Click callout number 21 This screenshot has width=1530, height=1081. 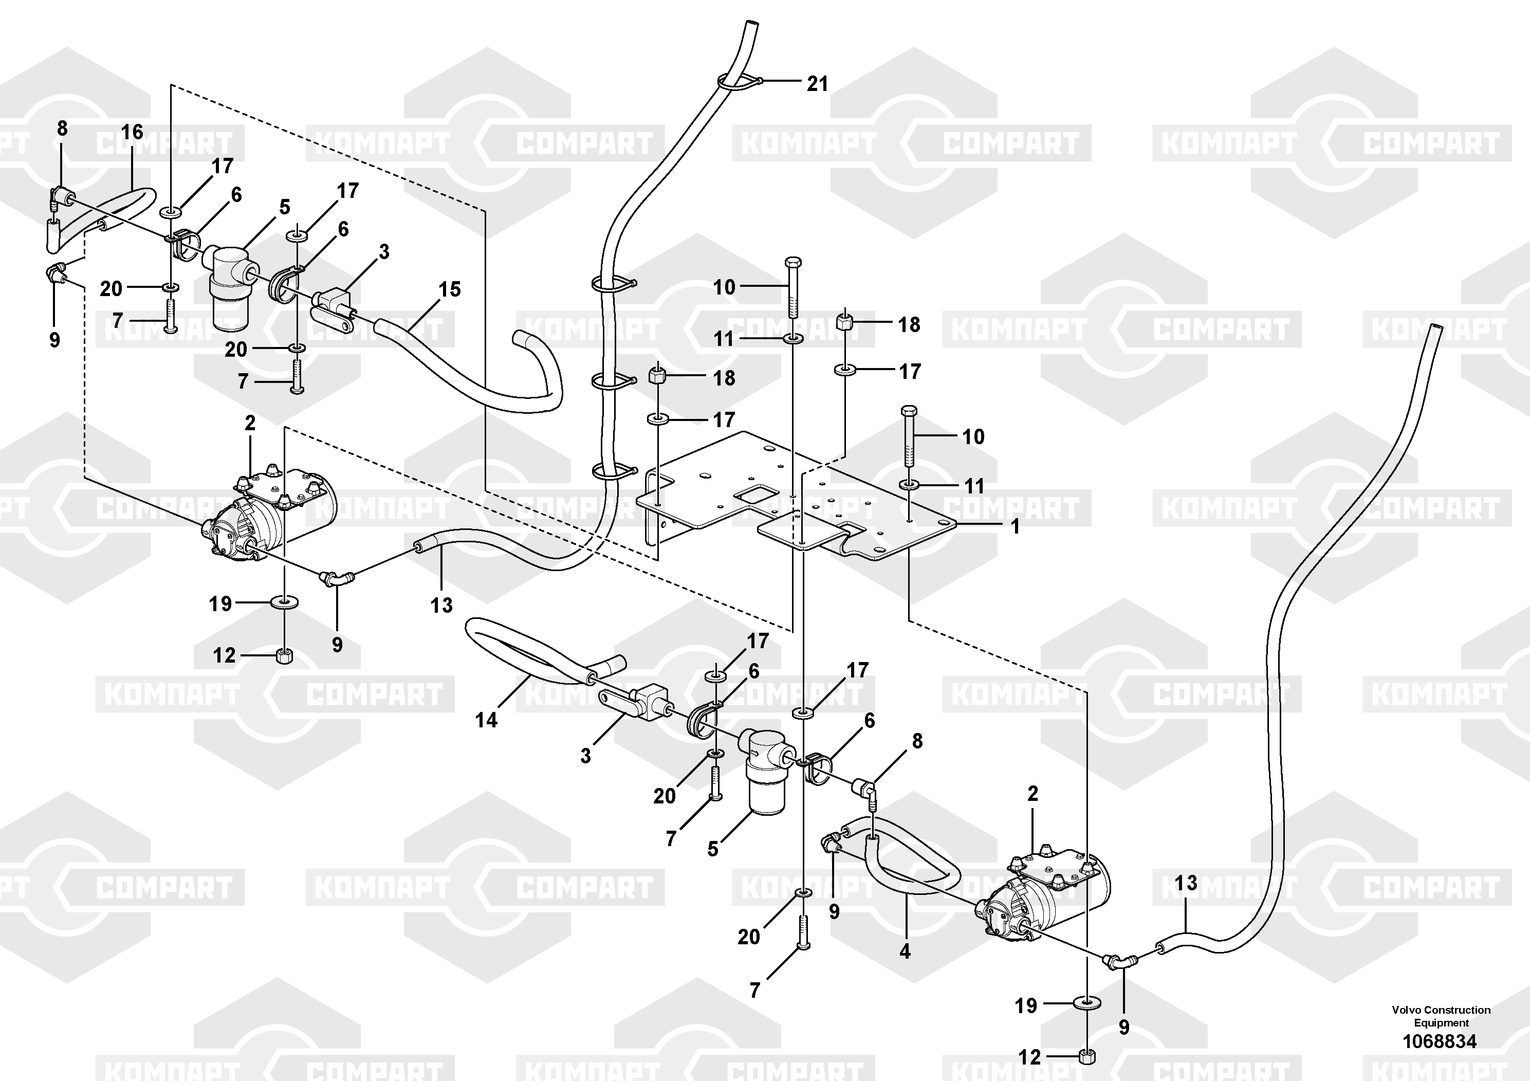pos(817,83)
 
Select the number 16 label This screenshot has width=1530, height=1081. pos(132,132)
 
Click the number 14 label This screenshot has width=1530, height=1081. pos(486,720)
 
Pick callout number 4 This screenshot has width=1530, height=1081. pos(904,951)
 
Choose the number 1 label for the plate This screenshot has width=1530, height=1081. pos(1015,526)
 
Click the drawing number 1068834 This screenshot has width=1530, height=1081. pos(1440,1041)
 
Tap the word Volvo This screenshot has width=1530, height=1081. pos(1407,1010)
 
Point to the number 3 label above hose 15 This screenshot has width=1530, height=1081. pos(384,251)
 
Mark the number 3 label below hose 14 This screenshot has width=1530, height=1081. pos(585,756)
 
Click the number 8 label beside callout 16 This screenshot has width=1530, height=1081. pos(62,128)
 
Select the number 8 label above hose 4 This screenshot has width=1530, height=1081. pos(917,740)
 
